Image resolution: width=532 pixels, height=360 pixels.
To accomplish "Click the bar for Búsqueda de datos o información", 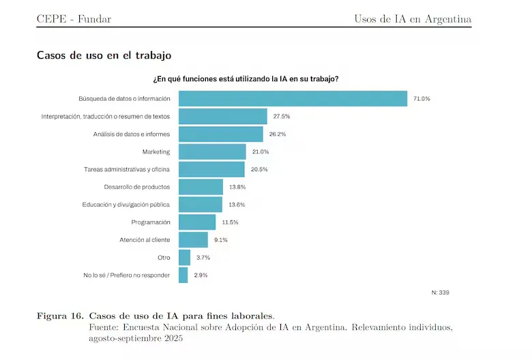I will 293,99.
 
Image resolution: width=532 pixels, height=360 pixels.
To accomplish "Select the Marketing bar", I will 212,151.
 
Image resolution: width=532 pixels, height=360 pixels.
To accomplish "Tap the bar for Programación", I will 197,222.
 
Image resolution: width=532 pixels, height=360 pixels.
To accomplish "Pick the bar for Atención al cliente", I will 193,240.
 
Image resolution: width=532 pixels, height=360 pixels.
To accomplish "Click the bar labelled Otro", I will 184,258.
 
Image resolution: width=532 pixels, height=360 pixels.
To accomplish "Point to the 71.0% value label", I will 422,99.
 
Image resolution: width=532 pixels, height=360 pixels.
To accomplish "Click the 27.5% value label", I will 282,117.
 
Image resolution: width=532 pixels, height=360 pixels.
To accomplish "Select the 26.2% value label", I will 278,134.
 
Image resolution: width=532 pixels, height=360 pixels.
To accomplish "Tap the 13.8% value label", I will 237,187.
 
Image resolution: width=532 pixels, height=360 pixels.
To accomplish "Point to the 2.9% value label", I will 200,275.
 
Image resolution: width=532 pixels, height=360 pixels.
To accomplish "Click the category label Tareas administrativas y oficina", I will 127,169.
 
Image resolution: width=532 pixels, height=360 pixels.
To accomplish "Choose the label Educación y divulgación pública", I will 126,205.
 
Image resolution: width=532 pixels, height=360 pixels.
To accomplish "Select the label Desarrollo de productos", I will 137,187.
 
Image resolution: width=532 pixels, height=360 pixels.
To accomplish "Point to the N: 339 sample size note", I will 441,292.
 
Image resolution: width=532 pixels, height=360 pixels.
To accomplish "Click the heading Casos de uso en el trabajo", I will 104,55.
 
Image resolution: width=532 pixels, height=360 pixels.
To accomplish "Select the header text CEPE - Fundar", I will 74,19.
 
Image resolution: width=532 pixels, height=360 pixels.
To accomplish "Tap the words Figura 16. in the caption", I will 61,316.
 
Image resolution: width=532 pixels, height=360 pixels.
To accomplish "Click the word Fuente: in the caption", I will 104,327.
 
